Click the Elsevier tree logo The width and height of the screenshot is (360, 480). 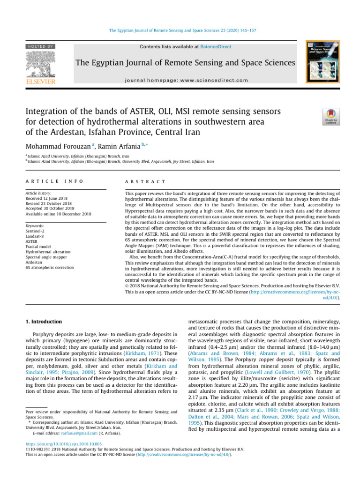(41, 66)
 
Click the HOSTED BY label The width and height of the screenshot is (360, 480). (41, 46)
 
